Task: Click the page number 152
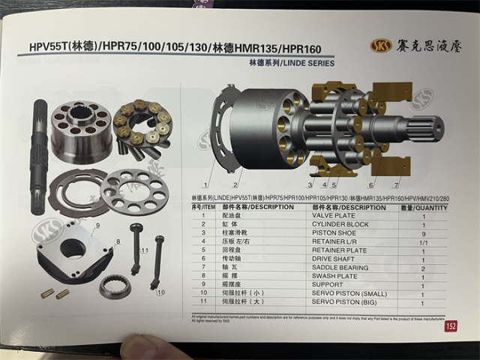[450, 326]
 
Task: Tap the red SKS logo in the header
[381, 46]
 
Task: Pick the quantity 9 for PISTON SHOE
[423, 233]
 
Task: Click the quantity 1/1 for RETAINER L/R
[423, 241]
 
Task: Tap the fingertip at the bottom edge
[142, 349]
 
